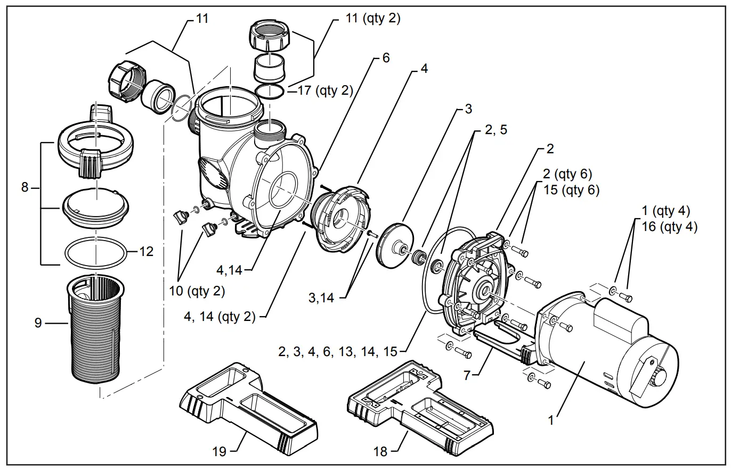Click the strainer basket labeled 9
tap(96, 330)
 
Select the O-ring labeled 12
tap(96, 251)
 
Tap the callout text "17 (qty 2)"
tap(326, 90)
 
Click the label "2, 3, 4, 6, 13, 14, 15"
tap(338, 351)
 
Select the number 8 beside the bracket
tap(25, 187)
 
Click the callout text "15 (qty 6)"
tap(571, 190)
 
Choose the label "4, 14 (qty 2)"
tap(220, 317)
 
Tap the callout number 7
tap(467, 375)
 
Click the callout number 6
tap(386, 58)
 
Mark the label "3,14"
tap(321, 298)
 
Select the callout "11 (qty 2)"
tap(372, 19)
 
